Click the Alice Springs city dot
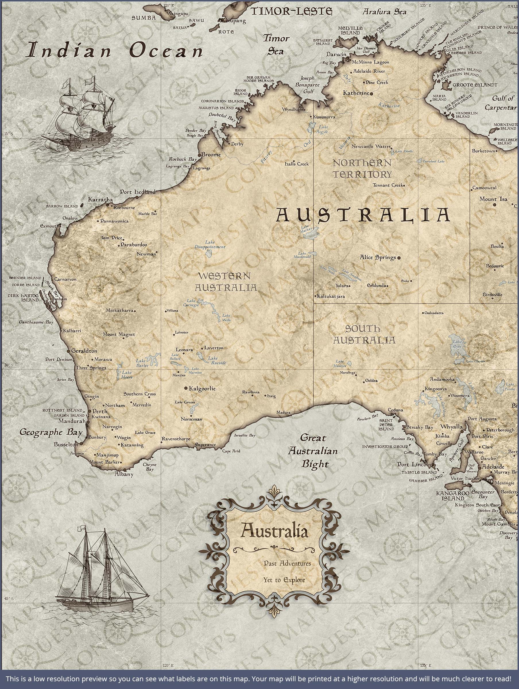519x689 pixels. pyautogui.click(x=399, y=258)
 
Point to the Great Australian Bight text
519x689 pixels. pyautogui.click(x=313, y=451)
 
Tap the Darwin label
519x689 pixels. pyautogui.click(x=336, y=54)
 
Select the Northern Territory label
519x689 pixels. pyautogui.click(x=362, y=168)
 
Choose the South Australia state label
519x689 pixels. pyautogui.click(x=364, y=334)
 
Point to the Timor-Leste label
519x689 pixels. pyautogui.click(x=292, y=11)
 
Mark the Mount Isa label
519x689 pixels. pyautogui.click(x=493, y=199)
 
